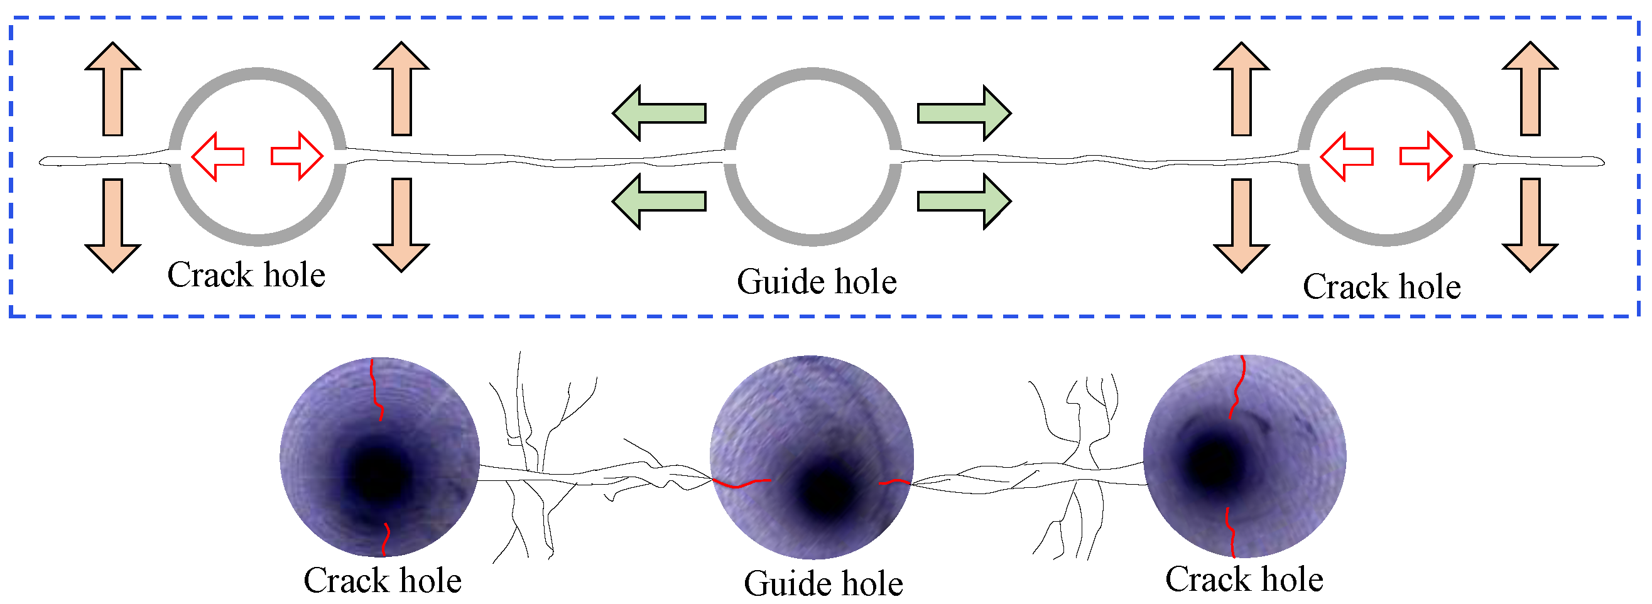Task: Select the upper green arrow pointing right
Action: coord(963,113)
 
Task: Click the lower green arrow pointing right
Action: coord(963,201)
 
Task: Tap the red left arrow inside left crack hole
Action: coord(217,156)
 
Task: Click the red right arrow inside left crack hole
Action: coord(297,156)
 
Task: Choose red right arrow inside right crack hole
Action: coord(1426,156)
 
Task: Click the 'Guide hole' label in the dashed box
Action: coord(817,281)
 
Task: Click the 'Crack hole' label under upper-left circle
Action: coord(246,275)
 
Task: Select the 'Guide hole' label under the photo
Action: coord(823,583)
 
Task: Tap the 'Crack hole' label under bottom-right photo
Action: coord(1244,579)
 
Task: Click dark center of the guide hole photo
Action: coord(827,493)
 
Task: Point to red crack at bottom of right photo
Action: coord(1230,532)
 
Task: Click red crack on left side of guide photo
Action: coord(741,483)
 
